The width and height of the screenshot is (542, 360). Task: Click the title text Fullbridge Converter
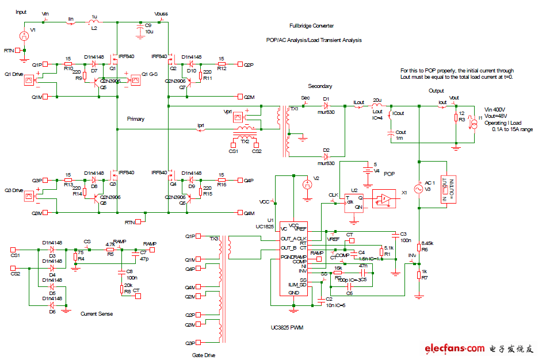(x=311, y=26)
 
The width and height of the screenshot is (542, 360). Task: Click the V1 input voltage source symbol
(x=24, y=36)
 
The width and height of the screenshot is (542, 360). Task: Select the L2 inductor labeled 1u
(x=94, y=23)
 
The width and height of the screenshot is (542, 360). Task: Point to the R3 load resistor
(x=456, y=118)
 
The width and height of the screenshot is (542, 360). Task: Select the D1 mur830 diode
(x=326, y=106)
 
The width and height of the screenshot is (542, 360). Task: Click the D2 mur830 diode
(x=326, y=155)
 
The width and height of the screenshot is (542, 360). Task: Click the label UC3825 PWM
(x=286, y=328)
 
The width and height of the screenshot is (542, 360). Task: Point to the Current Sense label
(x=97, y=314)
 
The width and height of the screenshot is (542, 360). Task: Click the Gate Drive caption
(x=203, y=355)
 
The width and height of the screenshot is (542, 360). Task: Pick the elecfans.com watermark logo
(x=479, y=348)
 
